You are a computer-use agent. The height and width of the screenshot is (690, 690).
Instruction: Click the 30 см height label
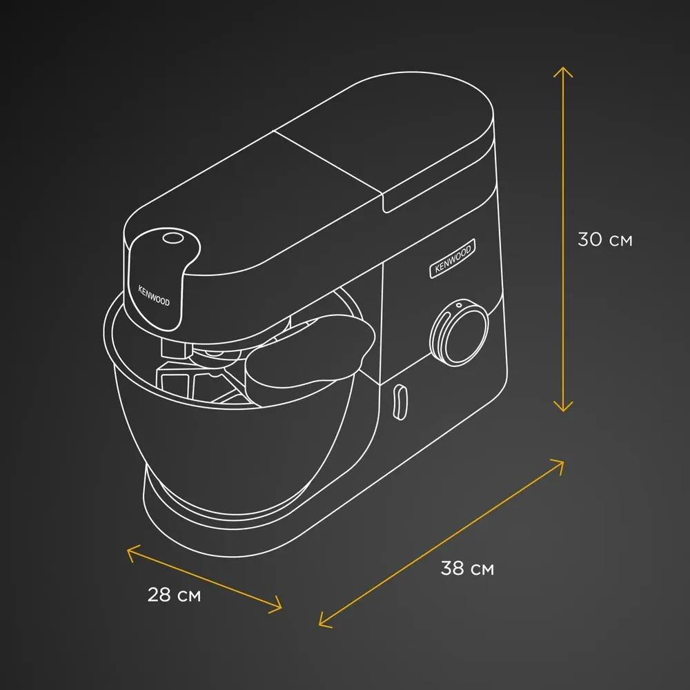[x=604, y=239]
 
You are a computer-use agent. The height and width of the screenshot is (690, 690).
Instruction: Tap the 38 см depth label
[x=467, y=568]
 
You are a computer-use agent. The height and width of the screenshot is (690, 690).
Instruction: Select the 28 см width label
[x=174, y=595]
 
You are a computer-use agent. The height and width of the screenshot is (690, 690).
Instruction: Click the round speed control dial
[x=460, y=333]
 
